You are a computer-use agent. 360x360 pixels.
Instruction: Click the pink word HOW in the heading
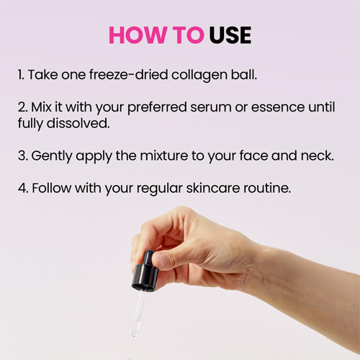click(x=138, y=35)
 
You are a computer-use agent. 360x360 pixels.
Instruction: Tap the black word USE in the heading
click(x=230, y=35)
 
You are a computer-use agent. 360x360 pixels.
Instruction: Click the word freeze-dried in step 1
click(x=128, y=74)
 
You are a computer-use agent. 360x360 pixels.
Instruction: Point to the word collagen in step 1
click(x=199, y=75)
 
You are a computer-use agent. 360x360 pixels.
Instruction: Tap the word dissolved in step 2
click(x=78, y=123)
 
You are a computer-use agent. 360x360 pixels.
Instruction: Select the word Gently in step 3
click(x=52, y=156)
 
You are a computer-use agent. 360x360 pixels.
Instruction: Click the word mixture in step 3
click(x=164, y=156)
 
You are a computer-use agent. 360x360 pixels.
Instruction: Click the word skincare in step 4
click(x=213, y=188)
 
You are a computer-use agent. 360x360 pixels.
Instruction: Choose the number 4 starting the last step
click(x=22, y=188)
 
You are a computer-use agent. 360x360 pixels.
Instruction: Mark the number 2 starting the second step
click(x=22, y=107)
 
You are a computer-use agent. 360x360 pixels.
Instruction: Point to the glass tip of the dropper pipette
click(x=134, y=333)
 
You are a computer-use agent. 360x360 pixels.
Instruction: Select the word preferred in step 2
click(x=157, y=108)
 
